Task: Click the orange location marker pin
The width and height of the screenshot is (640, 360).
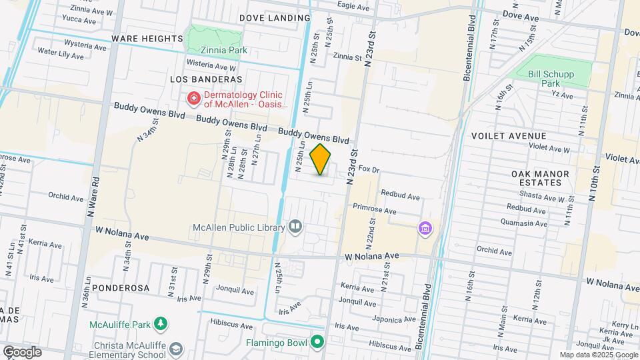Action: click(321, 159)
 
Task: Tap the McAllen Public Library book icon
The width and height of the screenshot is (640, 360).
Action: click(295, 227)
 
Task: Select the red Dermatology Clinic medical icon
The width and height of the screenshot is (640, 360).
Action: click(193, 99)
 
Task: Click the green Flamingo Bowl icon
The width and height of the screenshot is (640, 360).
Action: click(318, 343)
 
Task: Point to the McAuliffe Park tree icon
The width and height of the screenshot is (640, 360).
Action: click(160, 325)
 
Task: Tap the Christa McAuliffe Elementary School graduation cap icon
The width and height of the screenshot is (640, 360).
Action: click(175, 349)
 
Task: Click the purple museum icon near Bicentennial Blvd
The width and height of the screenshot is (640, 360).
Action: click(425, 229)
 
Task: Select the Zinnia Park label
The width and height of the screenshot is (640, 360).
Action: click(225, 50)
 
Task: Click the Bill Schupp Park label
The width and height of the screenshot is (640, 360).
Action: click(550, 79)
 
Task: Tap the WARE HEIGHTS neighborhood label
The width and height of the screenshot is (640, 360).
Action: click(147, 39)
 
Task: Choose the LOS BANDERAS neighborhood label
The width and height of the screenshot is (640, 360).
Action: click(206, 79)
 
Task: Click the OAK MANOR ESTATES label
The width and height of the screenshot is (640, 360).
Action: click(540, 178)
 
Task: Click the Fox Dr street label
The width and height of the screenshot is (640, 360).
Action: click(369, 170)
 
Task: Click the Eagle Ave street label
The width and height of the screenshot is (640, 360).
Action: click(353, 6)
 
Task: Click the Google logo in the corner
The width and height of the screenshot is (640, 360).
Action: click(22, 352)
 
